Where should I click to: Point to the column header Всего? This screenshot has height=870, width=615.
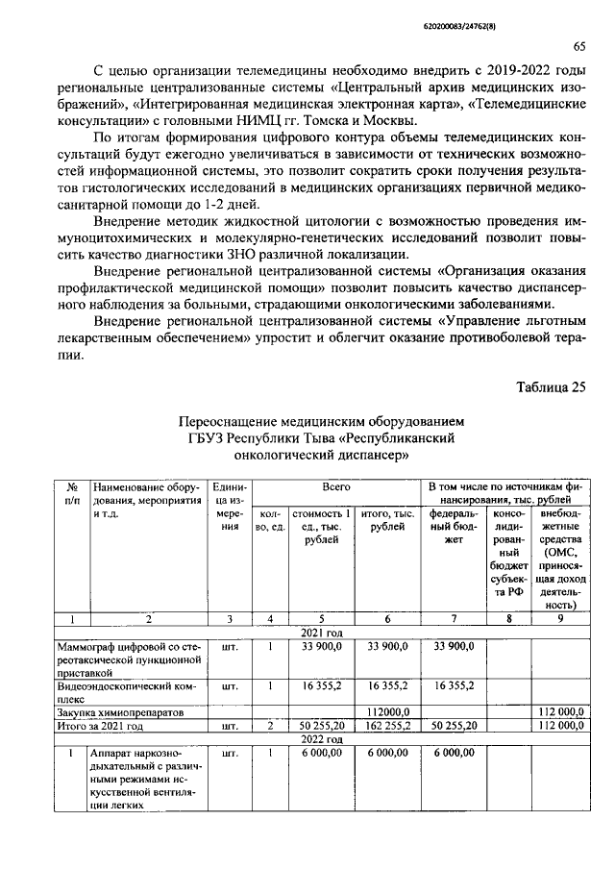(x=336, y=488)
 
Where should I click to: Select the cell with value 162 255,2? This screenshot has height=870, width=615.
(x=388, y=727)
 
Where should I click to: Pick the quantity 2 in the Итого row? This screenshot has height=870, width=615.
(x=271, y=727)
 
